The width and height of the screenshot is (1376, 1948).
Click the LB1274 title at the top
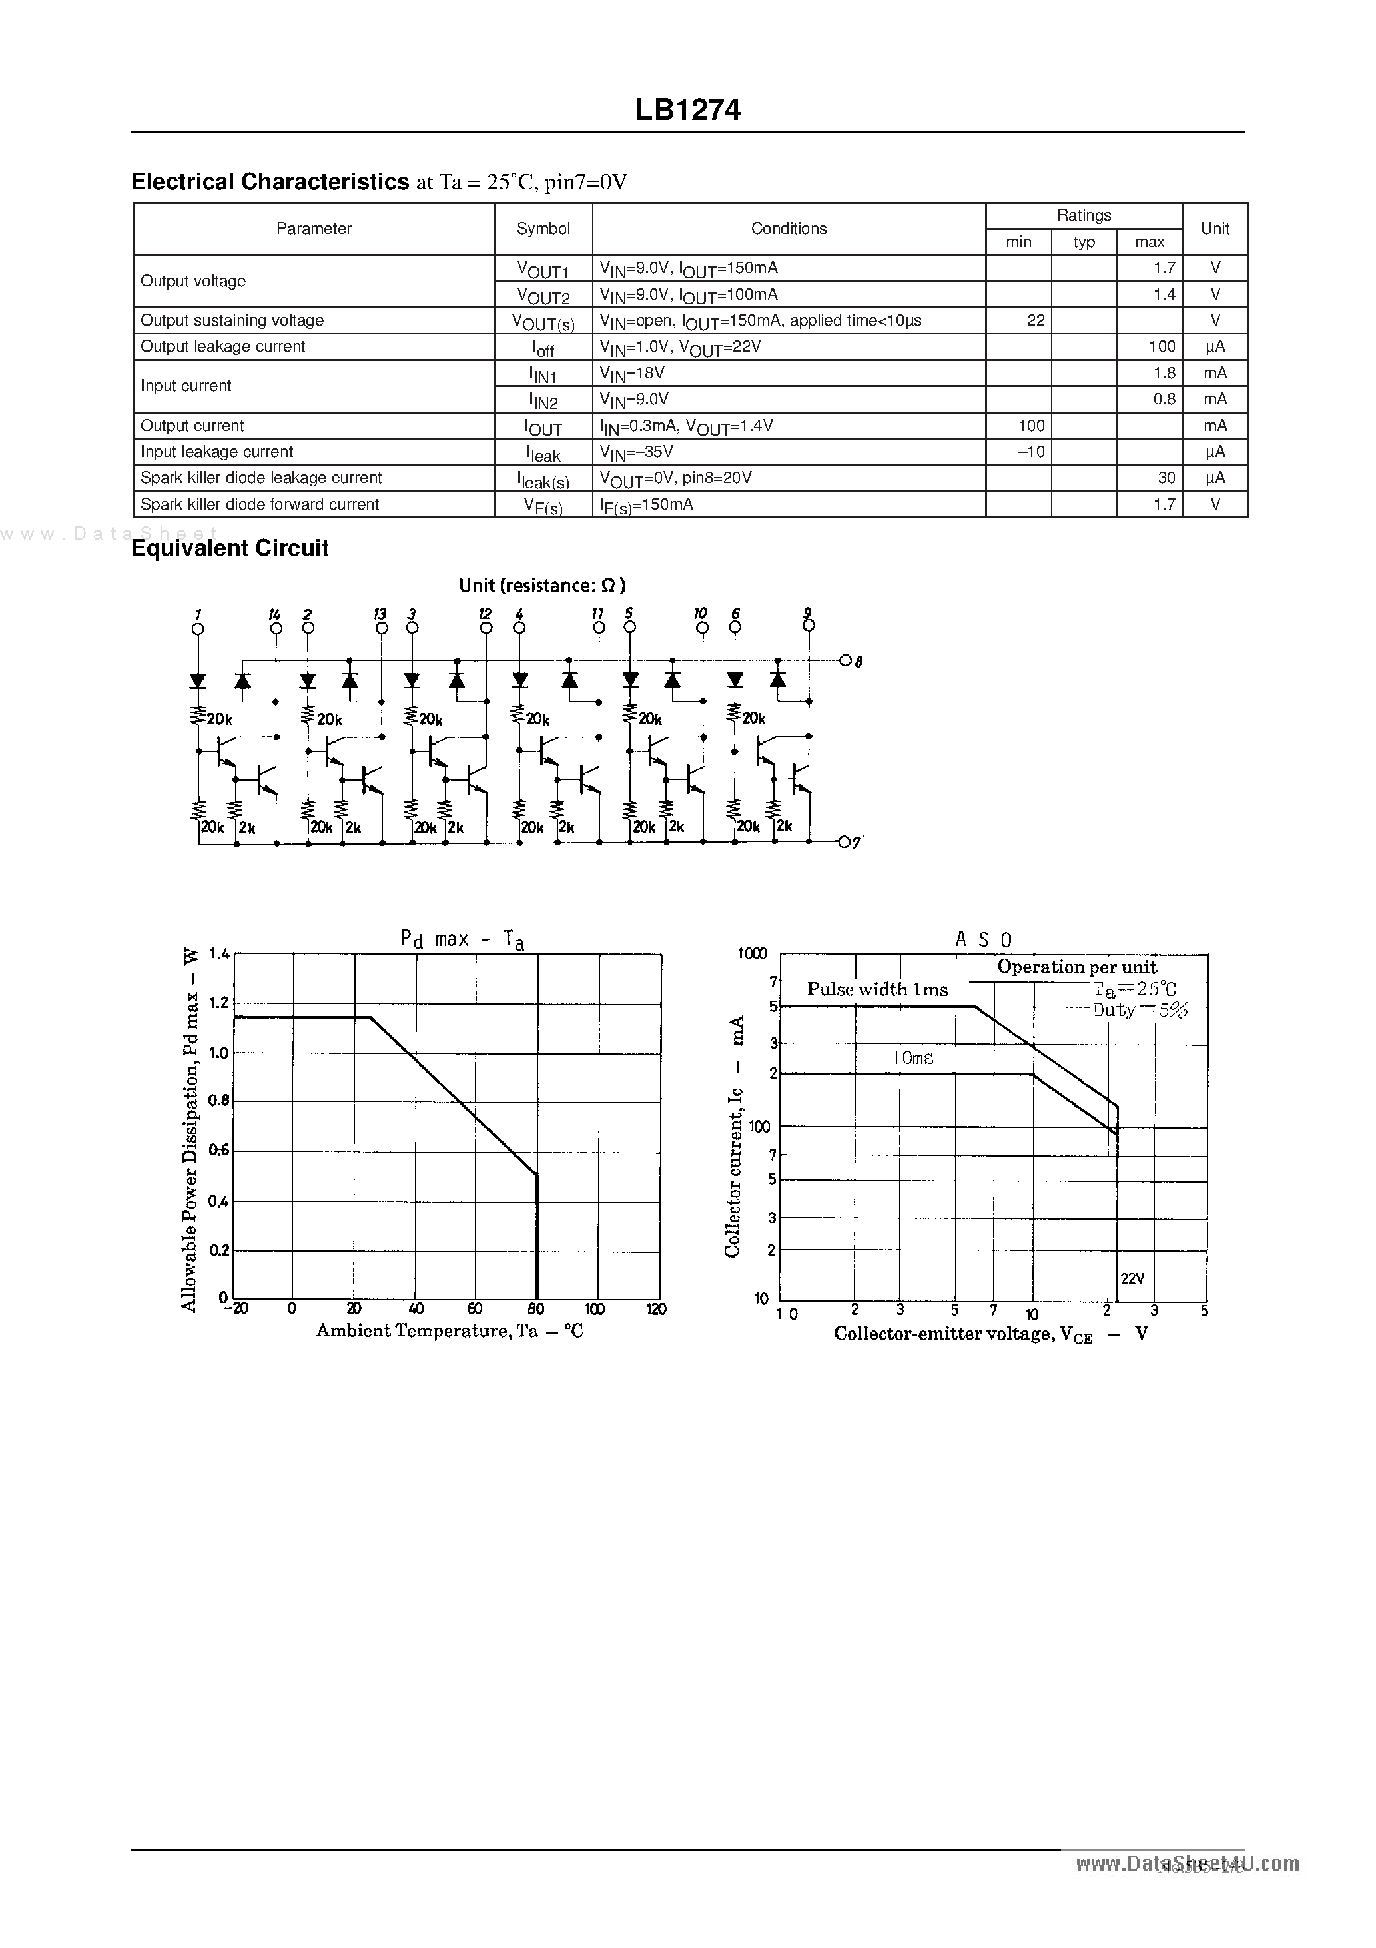[x=687, y=109]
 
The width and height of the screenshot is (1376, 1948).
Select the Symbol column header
[x=543, y=229]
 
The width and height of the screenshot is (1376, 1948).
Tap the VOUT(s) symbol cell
[x=543, y=322]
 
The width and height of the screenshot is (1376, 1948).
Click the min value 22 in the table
[x=1035, y=320]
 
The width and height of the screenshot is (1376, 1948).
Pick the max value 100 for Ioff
[x=1162, y=347]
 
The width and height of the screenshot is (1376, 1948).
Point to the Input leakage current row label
[x=216, y=452]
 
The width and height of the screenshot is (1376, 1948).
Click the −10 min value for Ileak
[x=1031, y=452]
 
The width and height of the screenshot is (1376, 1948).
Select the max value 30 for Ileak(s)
[x=1166, y=478]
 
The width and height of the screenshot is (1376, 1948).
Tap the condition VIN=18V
[x=632, y=373]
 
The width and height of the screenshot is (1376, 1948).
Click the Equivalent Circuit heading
[x=230, y=548]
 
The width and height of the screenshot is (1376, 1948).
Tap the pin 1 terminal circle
[x=198, y=629]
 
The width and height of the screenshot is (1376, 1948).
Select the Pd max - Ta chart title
[x=462, y=939]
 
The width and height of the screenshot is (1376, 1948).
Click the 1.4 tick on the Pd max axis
[x=219, y=953]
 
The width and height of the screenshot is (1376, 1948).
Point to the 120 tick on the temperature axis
[x=656, y=1309]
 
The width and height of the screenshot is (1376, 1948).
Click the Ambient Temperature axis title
[x=450, y=1330]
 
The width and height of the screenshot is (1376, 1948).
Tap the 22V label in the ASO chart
[x=1132, y=1278]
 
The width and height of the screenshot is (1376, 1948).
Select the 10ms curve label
[x=913, y=1058]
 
